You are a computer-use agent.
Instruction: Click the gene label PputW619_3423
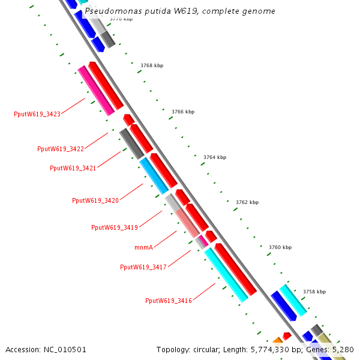click(37, 114)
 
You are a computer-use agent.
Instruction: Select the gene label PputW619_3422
click(61, 149)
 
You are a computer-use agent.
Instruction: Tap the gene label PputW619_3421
click(73, 168)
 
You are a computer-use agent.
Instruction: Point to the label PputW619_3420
click(95, 200)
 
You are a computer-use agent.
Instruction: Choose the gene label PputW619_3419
click(115, 227)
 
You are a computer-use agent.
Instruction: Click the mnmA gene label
click(143, 247)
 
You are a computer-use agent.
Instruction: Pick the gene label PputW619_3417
click(143, 267)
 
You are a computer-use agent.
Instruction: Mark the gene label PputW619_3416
click(169, 301)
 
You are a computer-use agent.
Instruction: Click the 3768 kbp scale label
click(152, 65)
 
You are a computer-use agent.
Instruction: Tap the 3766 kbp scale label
click(183, 112)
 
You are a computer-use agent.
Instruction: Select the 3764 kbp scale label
click(215, 157)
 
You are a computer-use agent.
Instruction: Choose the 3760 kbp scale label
click(280, 247)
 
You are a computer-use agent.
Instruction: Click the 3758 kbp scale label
click(314, 292)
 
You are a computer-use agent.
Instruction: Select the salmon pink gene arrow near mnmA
click(187, 222)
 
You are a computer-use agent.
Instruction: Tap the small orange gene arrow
click(277, 340)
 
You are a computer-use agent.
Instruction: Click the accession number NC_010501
click(65, 349)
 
